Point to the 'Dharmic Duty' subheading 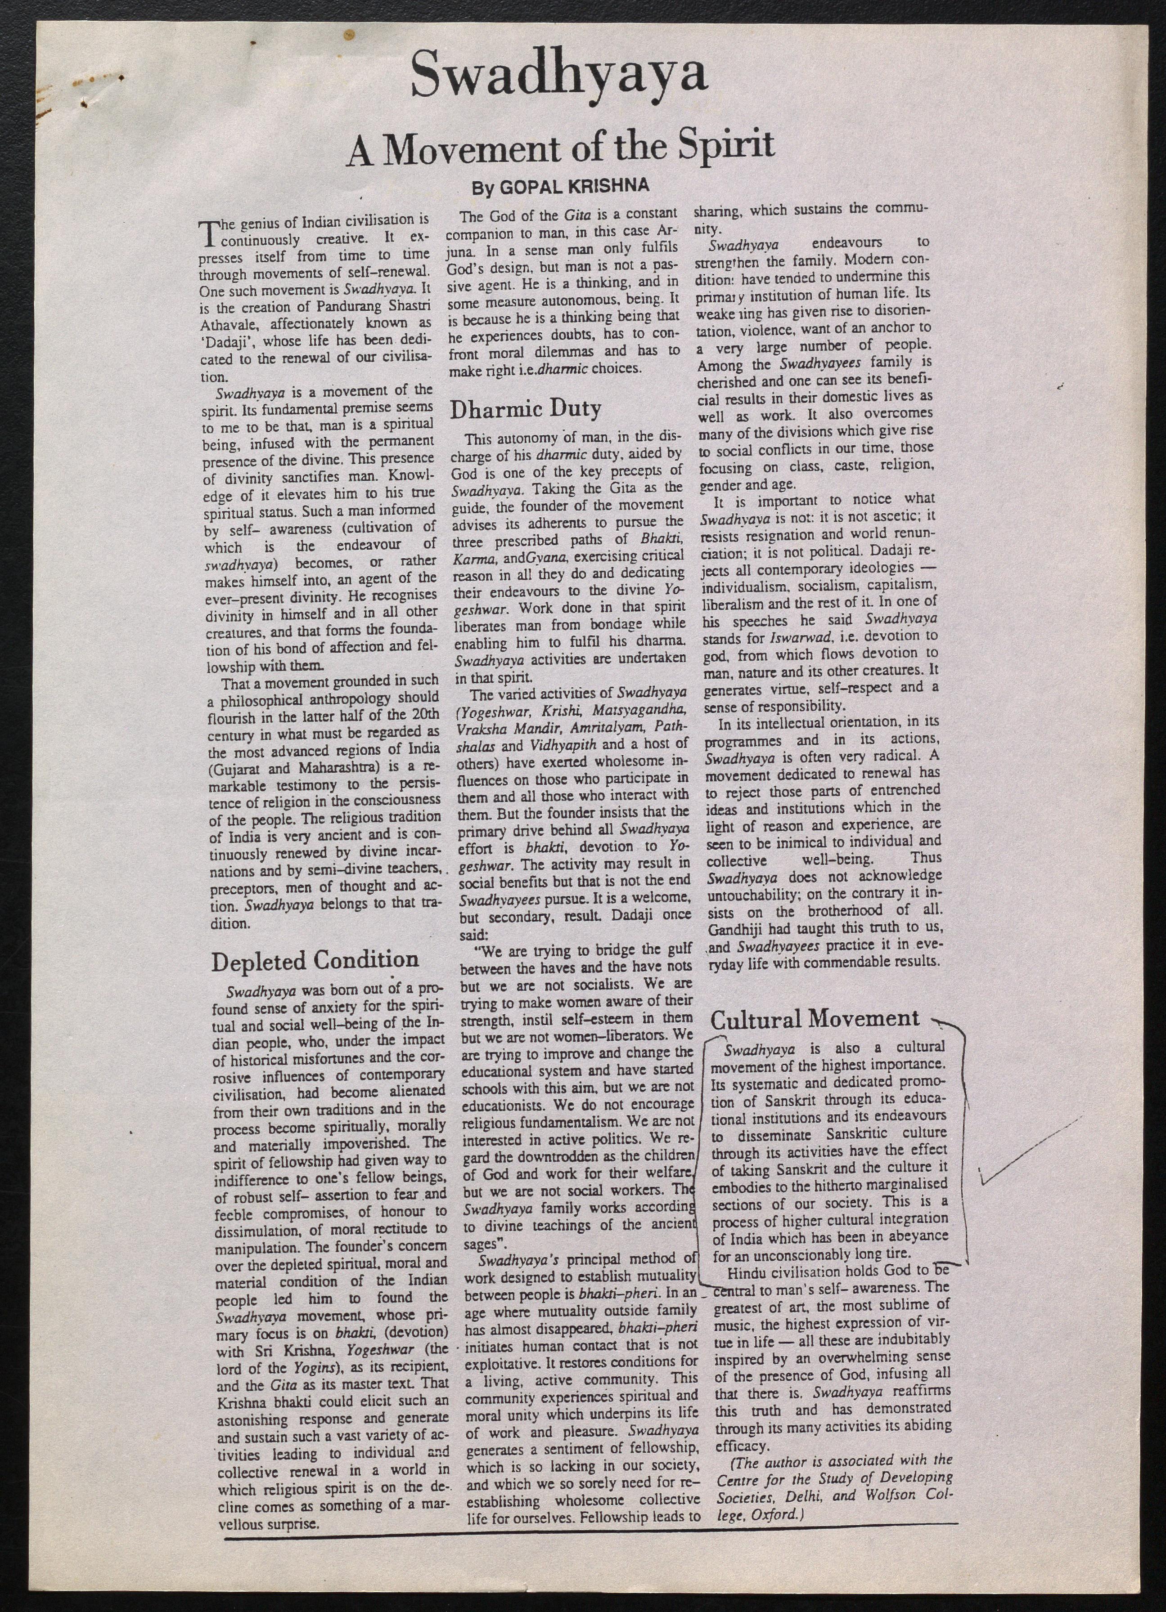[526, 409]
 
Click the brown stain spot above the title [348, 34]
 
